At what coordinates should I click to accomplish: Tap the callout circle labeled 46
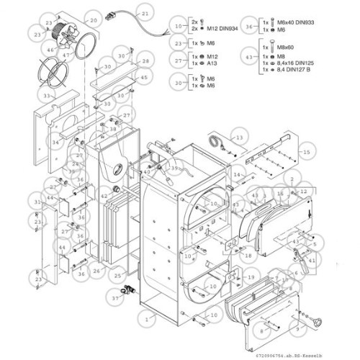(x=50, y=49)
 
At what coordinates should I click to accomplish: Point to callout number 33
(x=48, y=94)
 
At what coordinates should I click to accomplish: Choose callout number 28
(x=145, y=62)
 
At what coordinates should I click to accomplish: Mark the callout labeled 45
(x=144, y=77)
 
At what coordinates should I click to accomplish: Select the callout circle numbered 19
(x=251, y=277)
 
